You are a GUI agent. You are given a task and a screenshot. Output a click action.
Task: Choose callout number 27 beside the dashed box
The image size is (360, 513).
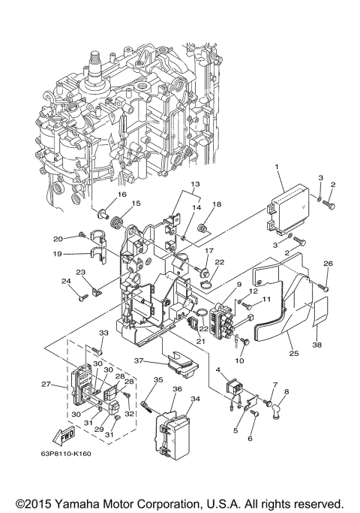tap(46, 385)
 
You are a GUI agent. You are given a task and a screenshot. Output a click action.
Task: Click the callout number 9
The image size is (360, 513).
tap(217, 285)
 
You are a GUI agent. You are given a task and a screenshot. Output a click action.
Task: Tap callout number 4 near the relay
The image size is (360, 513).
tap(217, 370)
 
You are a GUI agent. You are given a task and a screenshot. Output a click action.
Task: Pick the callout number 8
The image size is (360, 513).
tap(285, 391)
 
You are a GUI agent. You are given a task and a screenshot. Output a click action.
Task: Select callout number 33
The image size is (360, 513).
tap(103, 333)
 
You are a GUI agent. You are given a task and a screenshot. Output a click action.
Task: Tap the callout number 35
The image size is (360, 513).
tap(158, 381)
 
